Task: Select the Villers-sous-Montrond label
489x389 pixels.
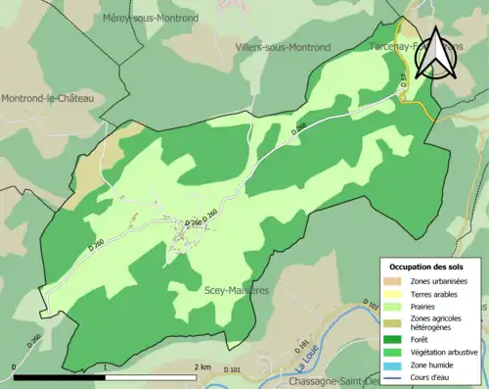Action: [283, 46]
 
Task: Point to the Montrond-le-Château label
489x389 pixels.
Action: [47, 98]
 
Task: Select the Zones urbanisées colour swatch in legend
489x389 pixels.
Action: [394, 282]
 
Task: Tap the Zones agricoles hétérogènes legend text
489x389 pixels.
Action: [443, 323]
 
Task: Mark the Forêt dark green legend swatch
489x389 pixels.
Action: [394, 341]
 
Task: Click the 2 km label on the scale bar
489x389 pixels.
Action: [201, 366]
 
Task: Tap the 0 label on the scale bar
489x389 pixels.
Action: [13, 366]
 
